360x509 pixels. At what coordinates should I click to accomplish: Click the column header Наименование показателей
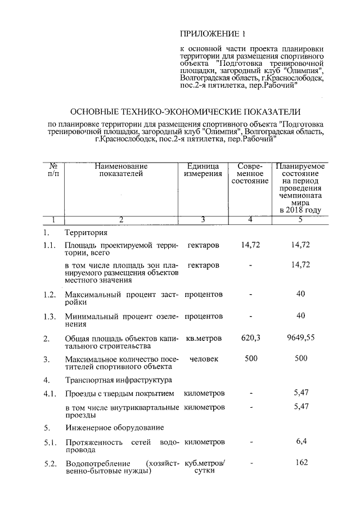[121, 170]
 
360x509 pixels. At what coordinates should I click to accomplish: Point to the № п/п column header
[54, 170]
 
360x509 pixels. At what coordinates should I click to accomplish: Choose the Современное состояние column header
[249, 174]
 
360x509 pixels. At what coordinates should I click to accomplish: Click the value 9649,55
[300, 339]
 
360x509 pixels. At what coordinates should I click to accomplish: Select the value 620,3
[249, 339]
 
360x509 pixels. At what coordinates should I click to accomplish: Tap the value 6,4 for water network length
[301, 442]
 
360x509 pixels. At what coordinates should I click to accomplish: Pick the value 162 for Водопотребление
[301, 463]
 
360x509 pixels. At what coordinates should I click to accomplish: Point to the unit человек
[204, 359]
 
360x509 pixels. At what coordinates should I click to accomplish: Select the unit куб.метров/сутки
[204, 467]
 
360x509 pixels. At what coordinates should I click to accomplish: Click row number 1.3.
[49, 316]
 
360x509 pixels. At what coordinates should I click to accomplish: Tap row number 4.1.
[49, 393]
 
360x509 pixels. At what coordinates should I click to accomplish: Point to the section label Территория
[86, 232]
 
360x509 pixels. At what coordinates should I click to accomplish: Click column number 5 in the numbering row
[300, 219]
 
